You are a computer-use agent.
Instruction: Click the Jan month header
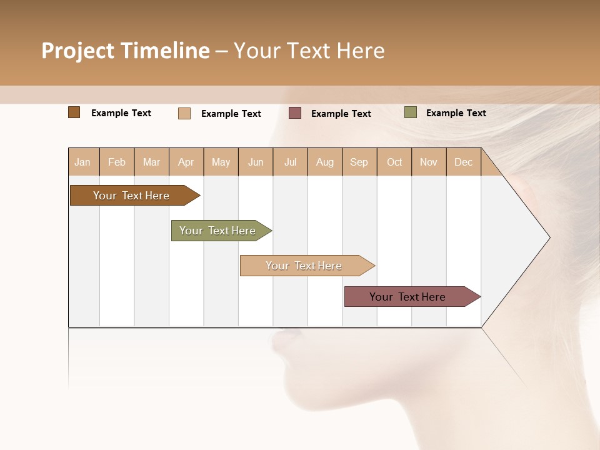(x=83, y=162)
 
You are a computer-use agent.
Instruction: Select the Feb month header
(x=117, y=162)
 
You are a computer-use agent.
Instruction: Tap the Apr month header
(x=186, y=162)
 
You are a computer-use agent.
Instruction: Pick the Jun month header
(x=256, y=162)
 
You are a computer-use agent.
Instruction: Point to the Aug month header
(x=324, y=162)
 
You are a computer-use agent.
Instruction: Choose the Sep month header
(x=359, y=162)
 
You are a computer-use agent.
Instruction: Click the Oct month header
(x=394, y=162)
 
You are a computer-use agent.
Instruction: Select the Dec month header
(x=463, y=162)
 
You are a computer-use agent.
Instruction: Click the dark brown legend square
(x=74, y=112)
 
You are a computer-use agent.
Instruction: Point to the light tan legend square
(x=184, y=113)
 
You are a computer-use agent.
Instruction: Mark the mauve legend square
(x=295, y=113)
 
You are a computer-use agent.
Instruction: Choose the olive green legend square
(x=410, y=112)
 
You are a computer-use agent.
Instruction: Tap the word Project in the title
(x=78, y=51)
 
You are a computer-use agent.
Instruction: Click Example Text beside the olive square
(x=456, y=113)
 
